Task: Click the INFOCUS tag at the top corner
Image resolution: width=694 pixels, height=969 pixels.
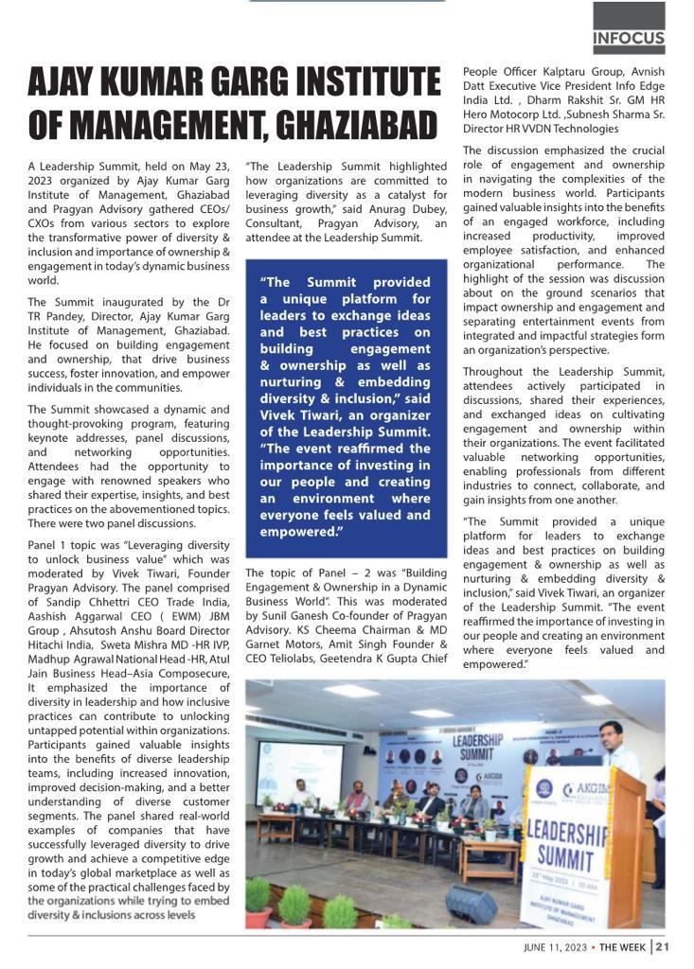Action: pos(629,40)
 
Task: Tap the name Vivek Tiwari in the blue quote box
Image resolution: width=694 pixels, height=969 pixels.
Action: pos(296,415)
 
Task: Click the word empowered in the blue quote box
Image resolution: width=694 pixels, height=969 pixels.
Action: pos(301,532)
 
